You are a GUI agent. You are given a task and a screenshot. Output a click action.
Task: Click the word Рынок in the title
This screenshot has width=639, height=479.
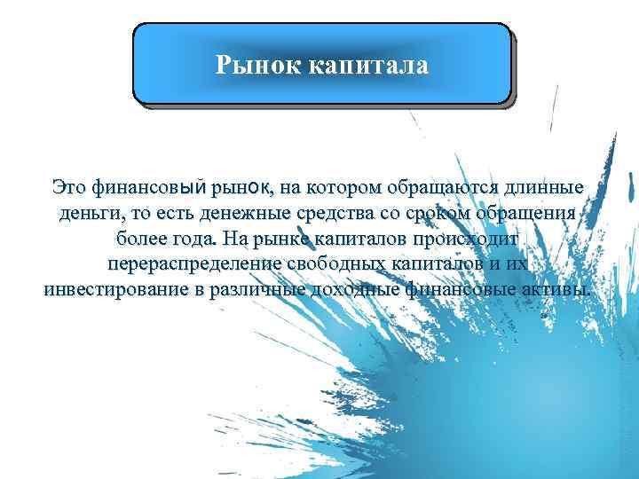(x=259, y=65)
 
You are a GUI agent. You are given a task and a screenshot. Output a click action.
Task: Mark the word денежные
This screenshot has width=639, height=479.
(x=246, y=213)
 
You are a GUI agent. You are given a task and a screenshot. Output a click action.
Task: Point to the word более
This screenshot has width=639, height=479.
(x=141, y=239)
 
